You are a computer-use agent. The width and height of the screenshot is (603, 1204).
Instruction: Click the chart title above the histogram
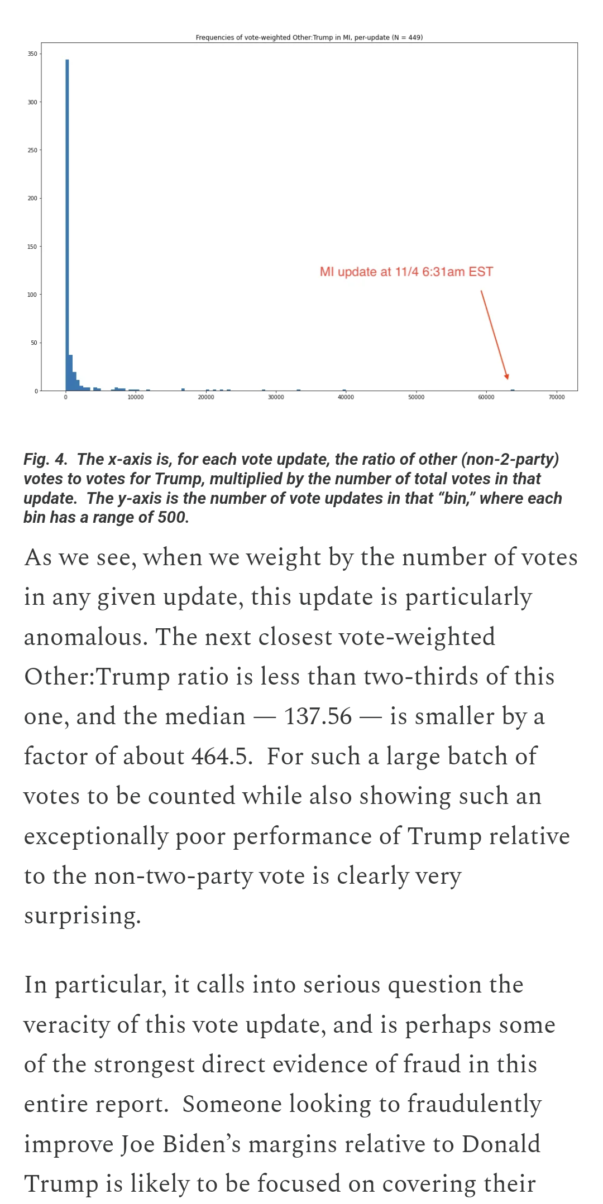point(309,37)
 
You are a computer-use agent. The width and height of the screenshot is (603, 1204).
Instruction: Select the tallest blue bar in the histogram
point(67,223)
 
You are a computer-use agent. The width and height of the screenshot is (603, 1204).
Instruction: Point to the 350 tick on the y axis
point(32,54)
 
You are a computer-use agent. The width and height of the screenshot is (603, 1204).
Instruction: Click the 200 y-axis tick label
point(32,199)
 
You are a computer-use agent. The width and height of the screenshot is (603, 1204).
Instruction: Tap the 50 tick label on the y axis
point(33,343)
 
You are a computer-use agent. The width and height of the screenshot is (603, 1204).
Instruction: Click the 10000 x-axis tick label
point(136,397)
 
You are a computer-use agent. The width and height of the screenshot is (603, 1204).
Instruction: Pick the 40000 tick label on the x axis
point(346,397)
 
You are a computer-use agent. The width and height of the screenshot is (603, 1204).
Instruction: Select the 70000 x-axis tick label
point(556,397)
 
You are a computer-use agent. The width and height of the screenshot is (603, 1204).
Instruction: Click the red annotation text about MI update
point(406,272)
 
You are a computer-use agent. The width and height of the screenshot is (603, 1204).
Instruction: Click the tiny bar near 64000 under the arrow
point(513,390)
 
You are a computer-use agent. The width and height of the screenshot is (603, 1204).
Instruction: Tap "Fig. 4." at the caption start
point(45,459)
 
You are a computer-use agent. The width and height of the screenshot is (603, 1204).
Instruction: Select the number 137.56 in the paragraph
point(318,716)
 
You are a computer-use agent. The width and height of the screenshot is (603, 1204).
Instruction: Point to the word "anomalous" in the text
point(85,637)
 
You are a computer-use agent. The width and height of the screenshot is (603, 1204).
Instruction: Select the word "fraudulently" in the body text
point(474,1104)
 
